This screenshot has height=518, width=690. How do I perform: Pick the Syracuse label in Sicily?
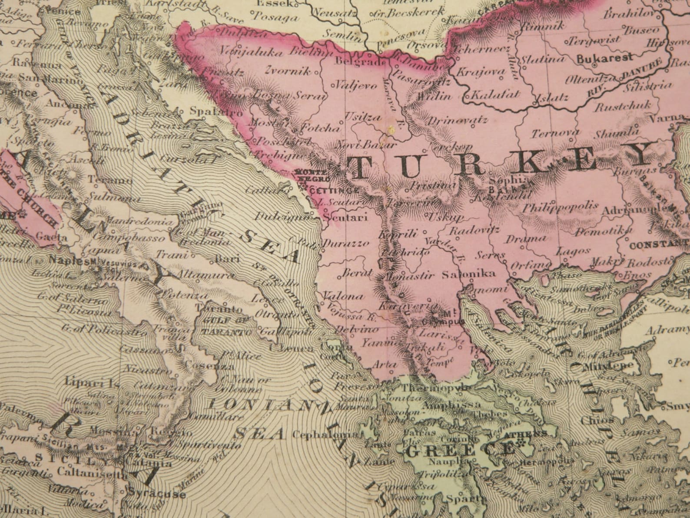(157, 494)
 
